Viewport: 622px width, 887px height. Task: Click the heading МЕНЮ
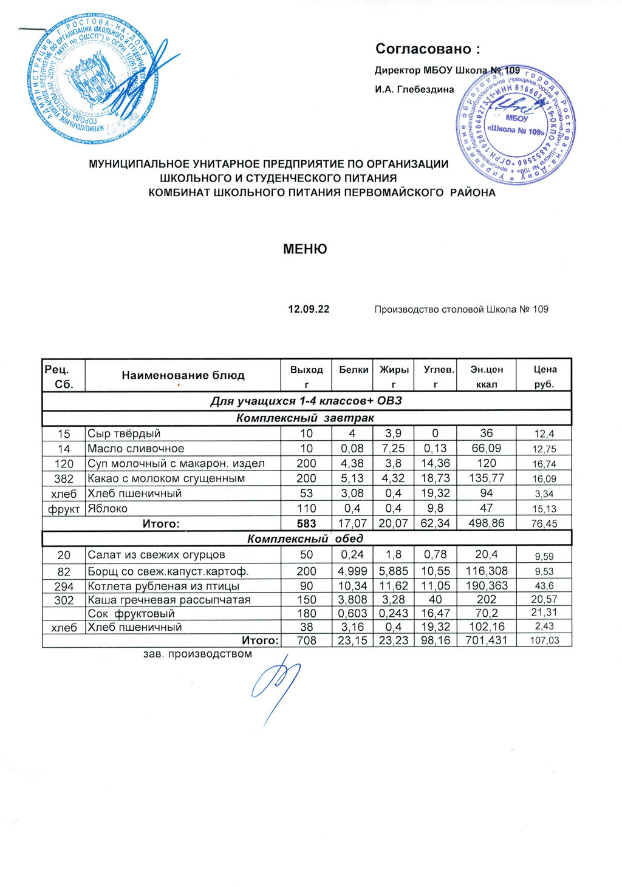(305, 249)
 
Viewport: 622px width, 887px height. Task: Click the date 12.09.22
(309, 310)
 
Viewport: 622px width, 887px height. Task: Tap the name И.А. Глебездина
(414, 90)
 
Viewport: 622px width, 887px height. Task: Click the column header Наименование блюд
(183, 376)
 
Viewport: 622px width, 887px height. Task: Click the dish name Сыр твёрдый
(124, 433)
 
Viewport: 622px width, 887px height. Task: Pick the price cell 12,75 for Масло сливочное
(544, 449)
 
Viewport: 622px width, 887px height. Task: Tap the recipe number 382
(64, 478)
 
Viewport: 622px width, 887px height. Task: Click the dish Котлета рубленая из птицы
(163, 586)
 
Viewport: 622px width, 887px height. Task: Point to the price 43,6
(544, 586)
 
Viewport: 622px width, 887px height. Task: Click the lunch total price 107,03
(544, 641)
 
